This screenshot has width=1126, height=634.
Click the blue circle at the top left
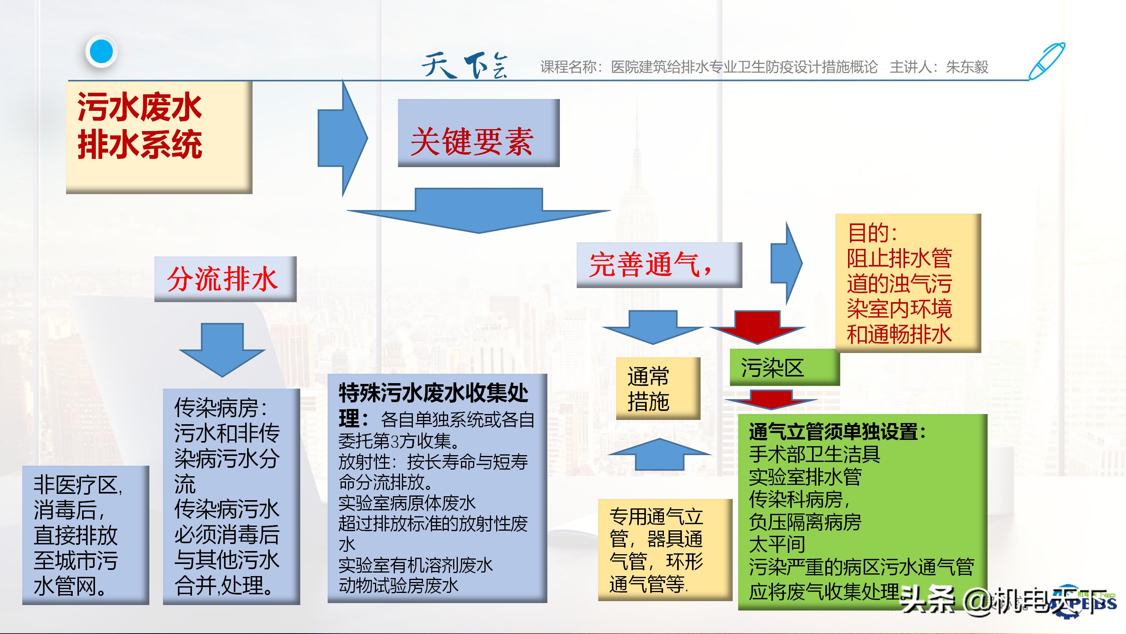coord(101,52)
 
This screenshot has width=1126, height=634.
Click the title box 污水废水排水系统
coord(159,137)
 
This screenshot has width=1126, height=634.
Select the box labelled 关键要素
coord(479,133)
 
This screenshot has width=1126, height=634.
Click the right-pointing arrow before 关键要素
coord(343,138)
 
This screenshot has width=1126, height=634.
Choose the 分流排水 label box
coord(225,279)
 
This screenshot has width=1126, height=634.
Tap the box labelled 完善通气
coord(659,265)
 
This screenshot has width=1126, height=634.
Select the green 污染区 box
coord(785,367)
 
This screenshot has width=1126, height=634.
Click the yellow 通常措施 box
coord(658,389)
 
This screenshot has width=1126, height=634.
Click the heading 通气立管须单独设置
coord(837,432)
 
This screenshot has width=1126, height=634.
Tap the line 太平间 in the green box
coord(777,544)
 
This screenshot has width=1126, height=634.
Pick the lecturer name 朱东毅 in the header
coord(967,67)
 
